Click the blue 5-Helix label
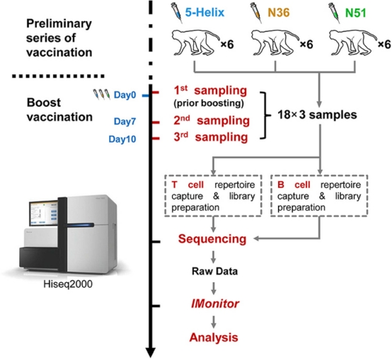pos(204,12)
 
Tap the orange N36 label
pos(279,12)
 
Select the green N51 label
pos(355,13)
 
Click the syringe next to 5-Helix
pos(177,13)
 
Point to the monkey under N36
pos(275,42)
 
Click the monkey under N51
pos(352,42)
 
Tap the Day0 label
pos(125,95)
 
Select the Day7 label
pos(125,122)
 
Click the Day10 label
pos(122,139)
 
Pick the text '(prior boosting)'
pos(209,103)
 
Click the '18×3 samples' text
pos(317,115)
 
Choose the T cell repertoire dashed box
pos(213,175)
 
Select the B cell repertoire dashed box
pos(319,175)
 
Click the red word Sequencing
pos(212,239)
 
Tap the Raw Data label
pos(214,272)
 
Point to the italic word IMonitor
pos(214,304)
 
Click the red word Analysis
pos(214,337)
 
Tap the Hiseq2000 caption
pos(68,284)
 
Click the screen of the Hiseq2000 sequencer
pos(43,214)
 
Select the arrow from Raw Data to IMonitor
pos(213,289)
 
